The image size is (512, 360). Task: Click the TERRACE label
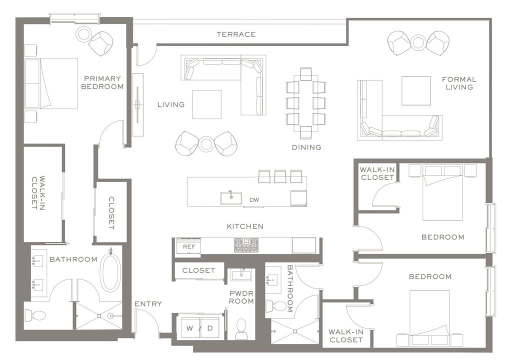click(236, 34)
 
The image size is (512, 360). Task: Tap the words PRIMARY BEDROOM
click(103, 82)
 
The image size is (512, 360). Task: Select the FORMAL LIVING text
click(459, 83)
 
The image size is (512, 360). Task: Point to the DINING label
click(306, 147)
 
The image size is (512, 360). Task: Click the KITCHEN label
click(245, 226)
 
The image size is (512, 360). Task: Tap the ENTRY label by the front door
click(148, 304)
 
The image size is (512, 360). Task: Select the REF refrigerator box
click(188, 246)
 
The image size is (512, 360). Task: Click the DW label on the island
click(254, 200)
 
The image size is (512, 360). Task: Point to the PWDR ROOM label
click(242, 297)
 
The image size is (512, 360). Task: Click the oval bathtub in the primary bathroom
click(110, 272)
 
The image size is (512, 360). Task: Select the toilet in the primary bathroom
click(36, 315)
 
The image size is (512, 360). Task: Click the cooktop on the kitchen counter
click(246, 245)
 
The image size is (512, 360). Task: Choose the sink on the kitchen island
click(231, 197)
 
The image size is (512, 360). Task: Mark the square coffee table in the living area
click(206, 104)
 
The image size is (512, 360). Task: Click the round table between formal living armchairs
click(418, 42)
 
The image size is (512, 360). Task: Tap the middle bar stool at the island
click(280, 176)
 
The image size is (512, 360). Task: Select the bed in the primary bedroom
click(51, 83)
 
